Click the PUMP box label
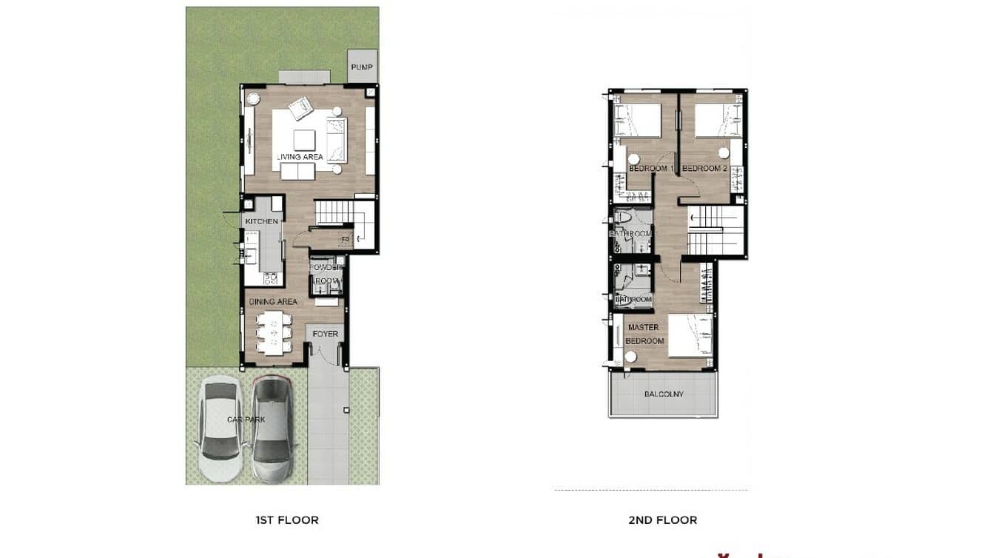[363, 67]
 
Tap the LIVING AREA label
[300, 157]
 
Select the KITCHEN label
[262, 221]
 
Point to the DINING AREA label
[273, 301]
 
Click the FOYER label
[325, 334]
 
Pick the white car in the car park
[220, 427]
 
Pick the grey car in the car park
[272, 427]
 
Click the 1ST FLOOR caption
[287, 520]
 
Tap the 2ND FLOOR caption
[662, 520]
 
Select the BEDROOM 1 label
[650, 169]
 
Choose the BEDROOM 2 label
[704, 169]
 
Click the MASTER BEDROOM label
[644, 334]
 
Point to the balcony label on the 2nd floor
[664, 394]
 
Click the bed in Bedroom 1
[637, 120]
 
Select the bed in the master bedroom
[690, 335]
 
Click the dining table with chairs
[274, 332]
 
